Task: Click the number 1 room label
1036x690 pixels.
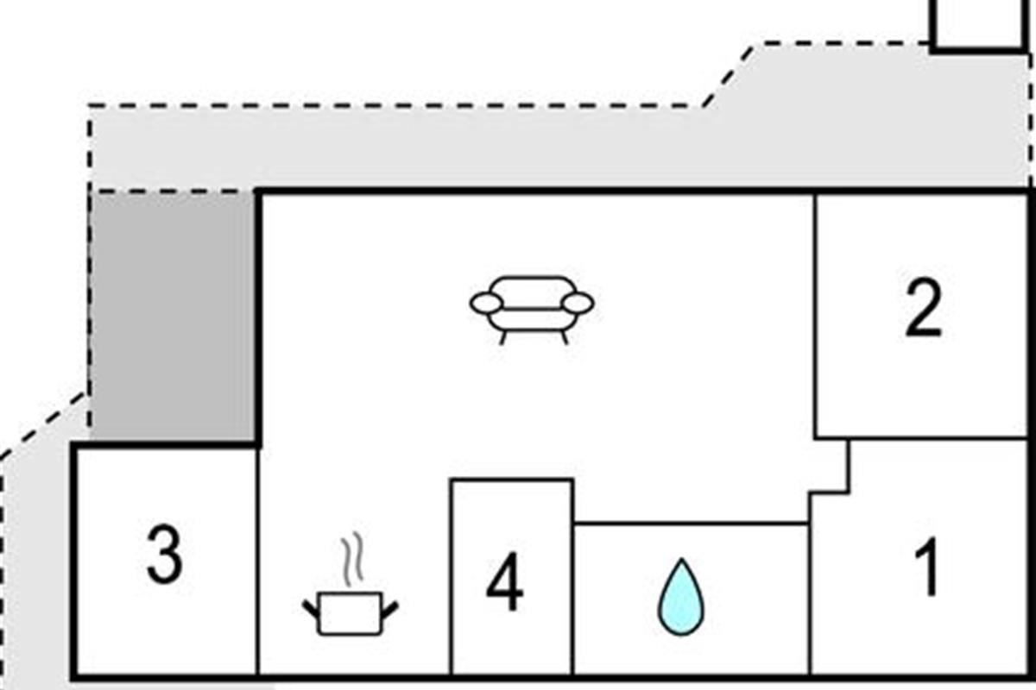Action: [x=927, y=568]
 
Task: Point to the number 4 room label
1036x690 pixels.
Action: [x=504, y=586]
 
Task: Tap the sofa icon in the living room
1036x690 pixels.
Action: [x=532, y=307]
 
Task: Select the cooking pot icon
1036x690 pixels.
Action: [x=350, y=613]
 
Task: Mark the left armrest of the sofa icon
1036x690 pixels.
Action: [x=485, y=302]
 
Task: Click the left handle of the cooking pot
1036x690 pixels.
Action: [x=311, y=608]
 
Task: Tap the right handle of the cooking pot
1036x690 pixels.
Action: [x=389, y=608]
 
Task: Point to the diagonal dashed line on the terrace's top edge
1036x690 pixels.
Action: [x=727, y=76]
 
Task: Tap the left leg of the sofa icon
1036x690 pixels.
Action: [x=502, y=336]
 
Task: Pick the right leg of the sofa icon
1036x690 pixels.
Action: [x=564, y=336]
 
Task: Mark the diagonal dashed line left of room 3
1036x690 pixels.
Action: [x=43, y=424]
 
